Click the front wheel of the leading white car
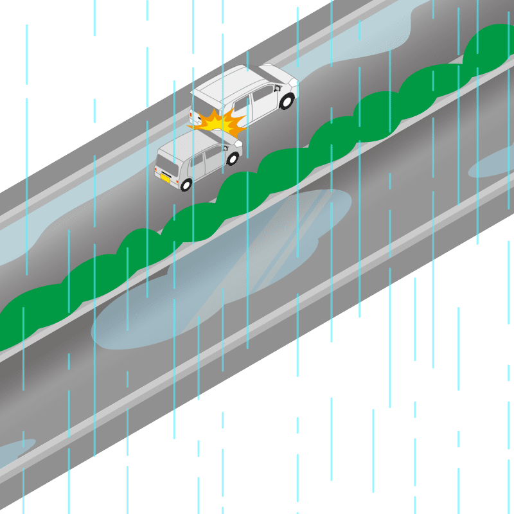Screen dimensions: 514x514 tap(287, 100)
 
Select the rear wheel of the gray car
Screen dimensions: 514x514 tap(186, 185)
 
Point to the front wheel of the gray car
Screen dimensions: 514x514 tap(233, 158)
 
